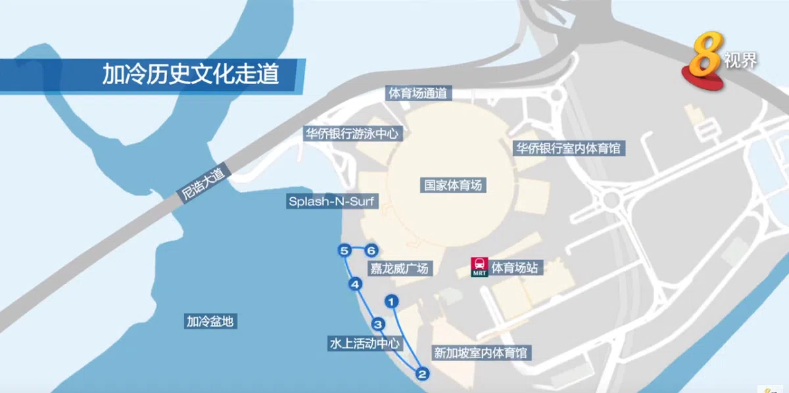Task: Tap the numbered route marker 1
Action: click(392, 302)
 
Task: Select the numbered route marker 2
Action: click(422, 374)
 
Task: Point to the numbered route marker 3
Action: click(377, 324)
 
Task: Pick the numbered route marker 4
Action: click(355, 285)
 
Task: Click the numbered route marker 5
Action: click(344, 250)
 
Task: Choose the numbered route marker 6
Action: click(371, 250)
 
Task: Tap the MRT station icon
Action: click(479, 267)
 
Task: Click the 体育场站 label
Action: click(515, 267)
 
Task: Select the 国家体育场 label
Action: click(453, 185)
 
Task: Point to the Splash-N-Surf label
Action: click(333, 201)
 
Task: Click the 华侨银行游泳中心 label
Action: click(352, 133)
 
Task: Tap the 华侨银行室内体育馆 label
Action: click(567, 148)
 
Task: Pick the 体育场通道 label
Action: click(418, 93)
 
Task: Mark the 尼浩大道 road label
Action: click(202, 185)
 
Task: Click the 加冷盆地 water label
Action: click(210, 321)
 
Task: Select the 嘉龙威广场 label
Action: click(399, 268)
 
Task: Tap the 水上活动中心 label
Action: click(364, 343)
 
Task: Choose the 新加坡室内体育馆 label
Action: click(480, 353)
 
